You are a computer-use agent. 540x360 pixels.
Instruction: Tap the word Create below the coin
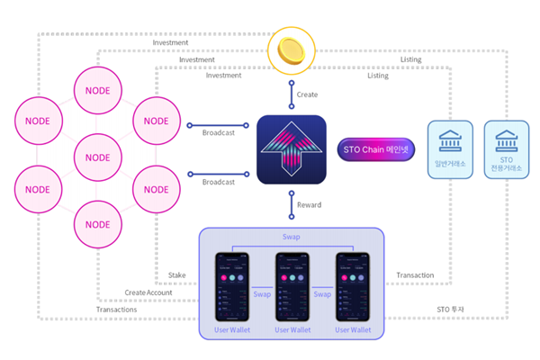pos(307,94)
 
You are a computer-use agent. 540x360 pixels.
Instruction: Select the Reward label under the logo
pos(309,205)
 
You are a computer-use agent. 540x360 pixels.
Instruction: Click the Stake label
pos(177,274)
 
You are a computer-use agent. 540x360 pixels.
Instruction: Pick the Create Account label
pos(148,292)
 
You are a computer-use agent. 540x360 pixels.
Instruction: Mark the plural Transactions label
pos(116,310)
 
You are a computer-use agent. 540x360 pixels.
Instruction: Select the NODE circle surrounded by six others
pos(97,156)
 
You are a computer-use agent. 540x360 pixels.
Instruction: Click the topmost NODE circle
pos(97,92)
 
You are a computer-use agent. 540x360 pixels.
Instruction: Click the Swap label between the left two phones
pos(261,294)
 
